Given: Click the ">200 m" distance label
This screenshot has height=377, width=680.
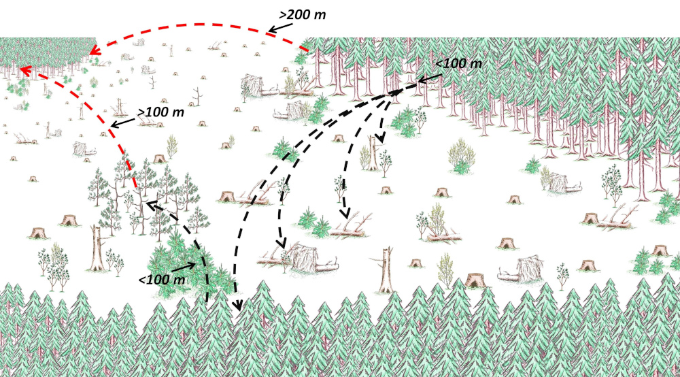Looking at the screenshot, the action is tap(303, 15).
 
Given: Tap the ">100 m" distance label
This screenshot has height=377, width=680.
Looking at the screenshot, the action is tap(160, 112).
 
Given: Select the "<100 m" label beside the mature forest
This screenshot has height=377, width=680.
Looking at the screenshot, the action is tap(458, 63).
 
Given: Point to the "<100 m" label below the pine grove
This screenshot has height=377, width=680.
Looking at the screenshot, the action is tap(162, 280).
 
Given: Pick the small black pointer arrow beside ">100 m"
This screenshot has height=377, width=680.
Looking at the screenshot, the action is tap(124, 122).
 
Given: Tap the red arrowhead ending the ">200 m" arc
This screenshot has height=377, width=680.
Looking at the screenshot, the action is tap(95, 51).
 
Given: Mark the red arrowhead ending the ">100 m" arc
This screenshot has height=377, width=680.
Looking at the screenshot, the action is tap(25, 70).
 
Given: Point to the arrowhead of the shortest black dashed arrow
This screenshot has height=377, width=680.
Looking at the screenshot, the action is tap(381, 138).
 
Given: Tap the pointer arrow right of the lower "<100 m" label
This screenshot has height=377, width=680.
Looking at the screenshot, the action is tap(185, 266).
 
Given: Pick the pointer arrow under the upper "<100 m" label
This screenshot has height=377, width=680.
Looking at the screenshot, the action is tap(430, 78).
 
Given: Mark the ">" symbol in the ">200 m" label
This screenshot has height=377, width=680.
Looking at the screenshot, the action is tap(283, 15).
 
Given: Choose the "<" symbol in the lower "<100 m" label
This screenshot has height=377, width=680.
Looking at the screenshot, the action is tap(142, 280).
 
